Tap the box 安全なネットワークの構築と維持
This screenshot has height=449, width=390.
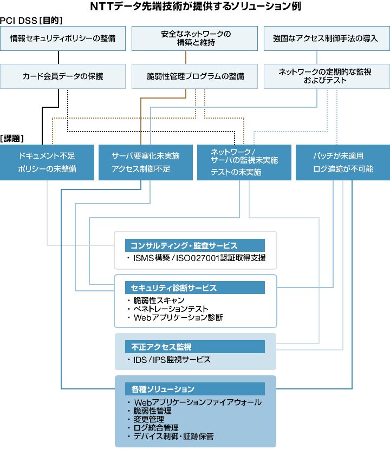click(x=196, y=38)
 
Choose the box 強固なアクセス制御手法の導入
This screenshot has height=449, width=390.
click(x=325, y=38)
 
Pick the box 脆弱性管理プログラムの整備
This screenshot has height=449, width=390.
click(x=196, y=76)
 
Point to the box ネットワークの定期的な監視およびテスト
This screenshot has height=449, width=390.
click(x=325, y=76)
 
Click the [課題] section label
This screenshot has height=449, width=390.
click(x=12, y=138)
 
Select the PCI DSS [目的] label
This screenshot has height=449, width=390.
click(x=31, y=20)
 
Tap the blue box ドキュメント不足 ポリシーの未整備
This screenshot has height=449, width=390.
click(x=47, y=162)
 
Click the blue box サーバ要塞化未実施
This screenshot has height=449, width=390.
click(x=145, y=162)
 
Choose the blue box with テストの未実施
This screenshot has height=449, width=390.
click(x=244, y=162)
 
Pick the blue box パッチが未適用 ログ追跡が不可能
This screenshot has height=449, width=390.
click(x=343, y=162)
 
